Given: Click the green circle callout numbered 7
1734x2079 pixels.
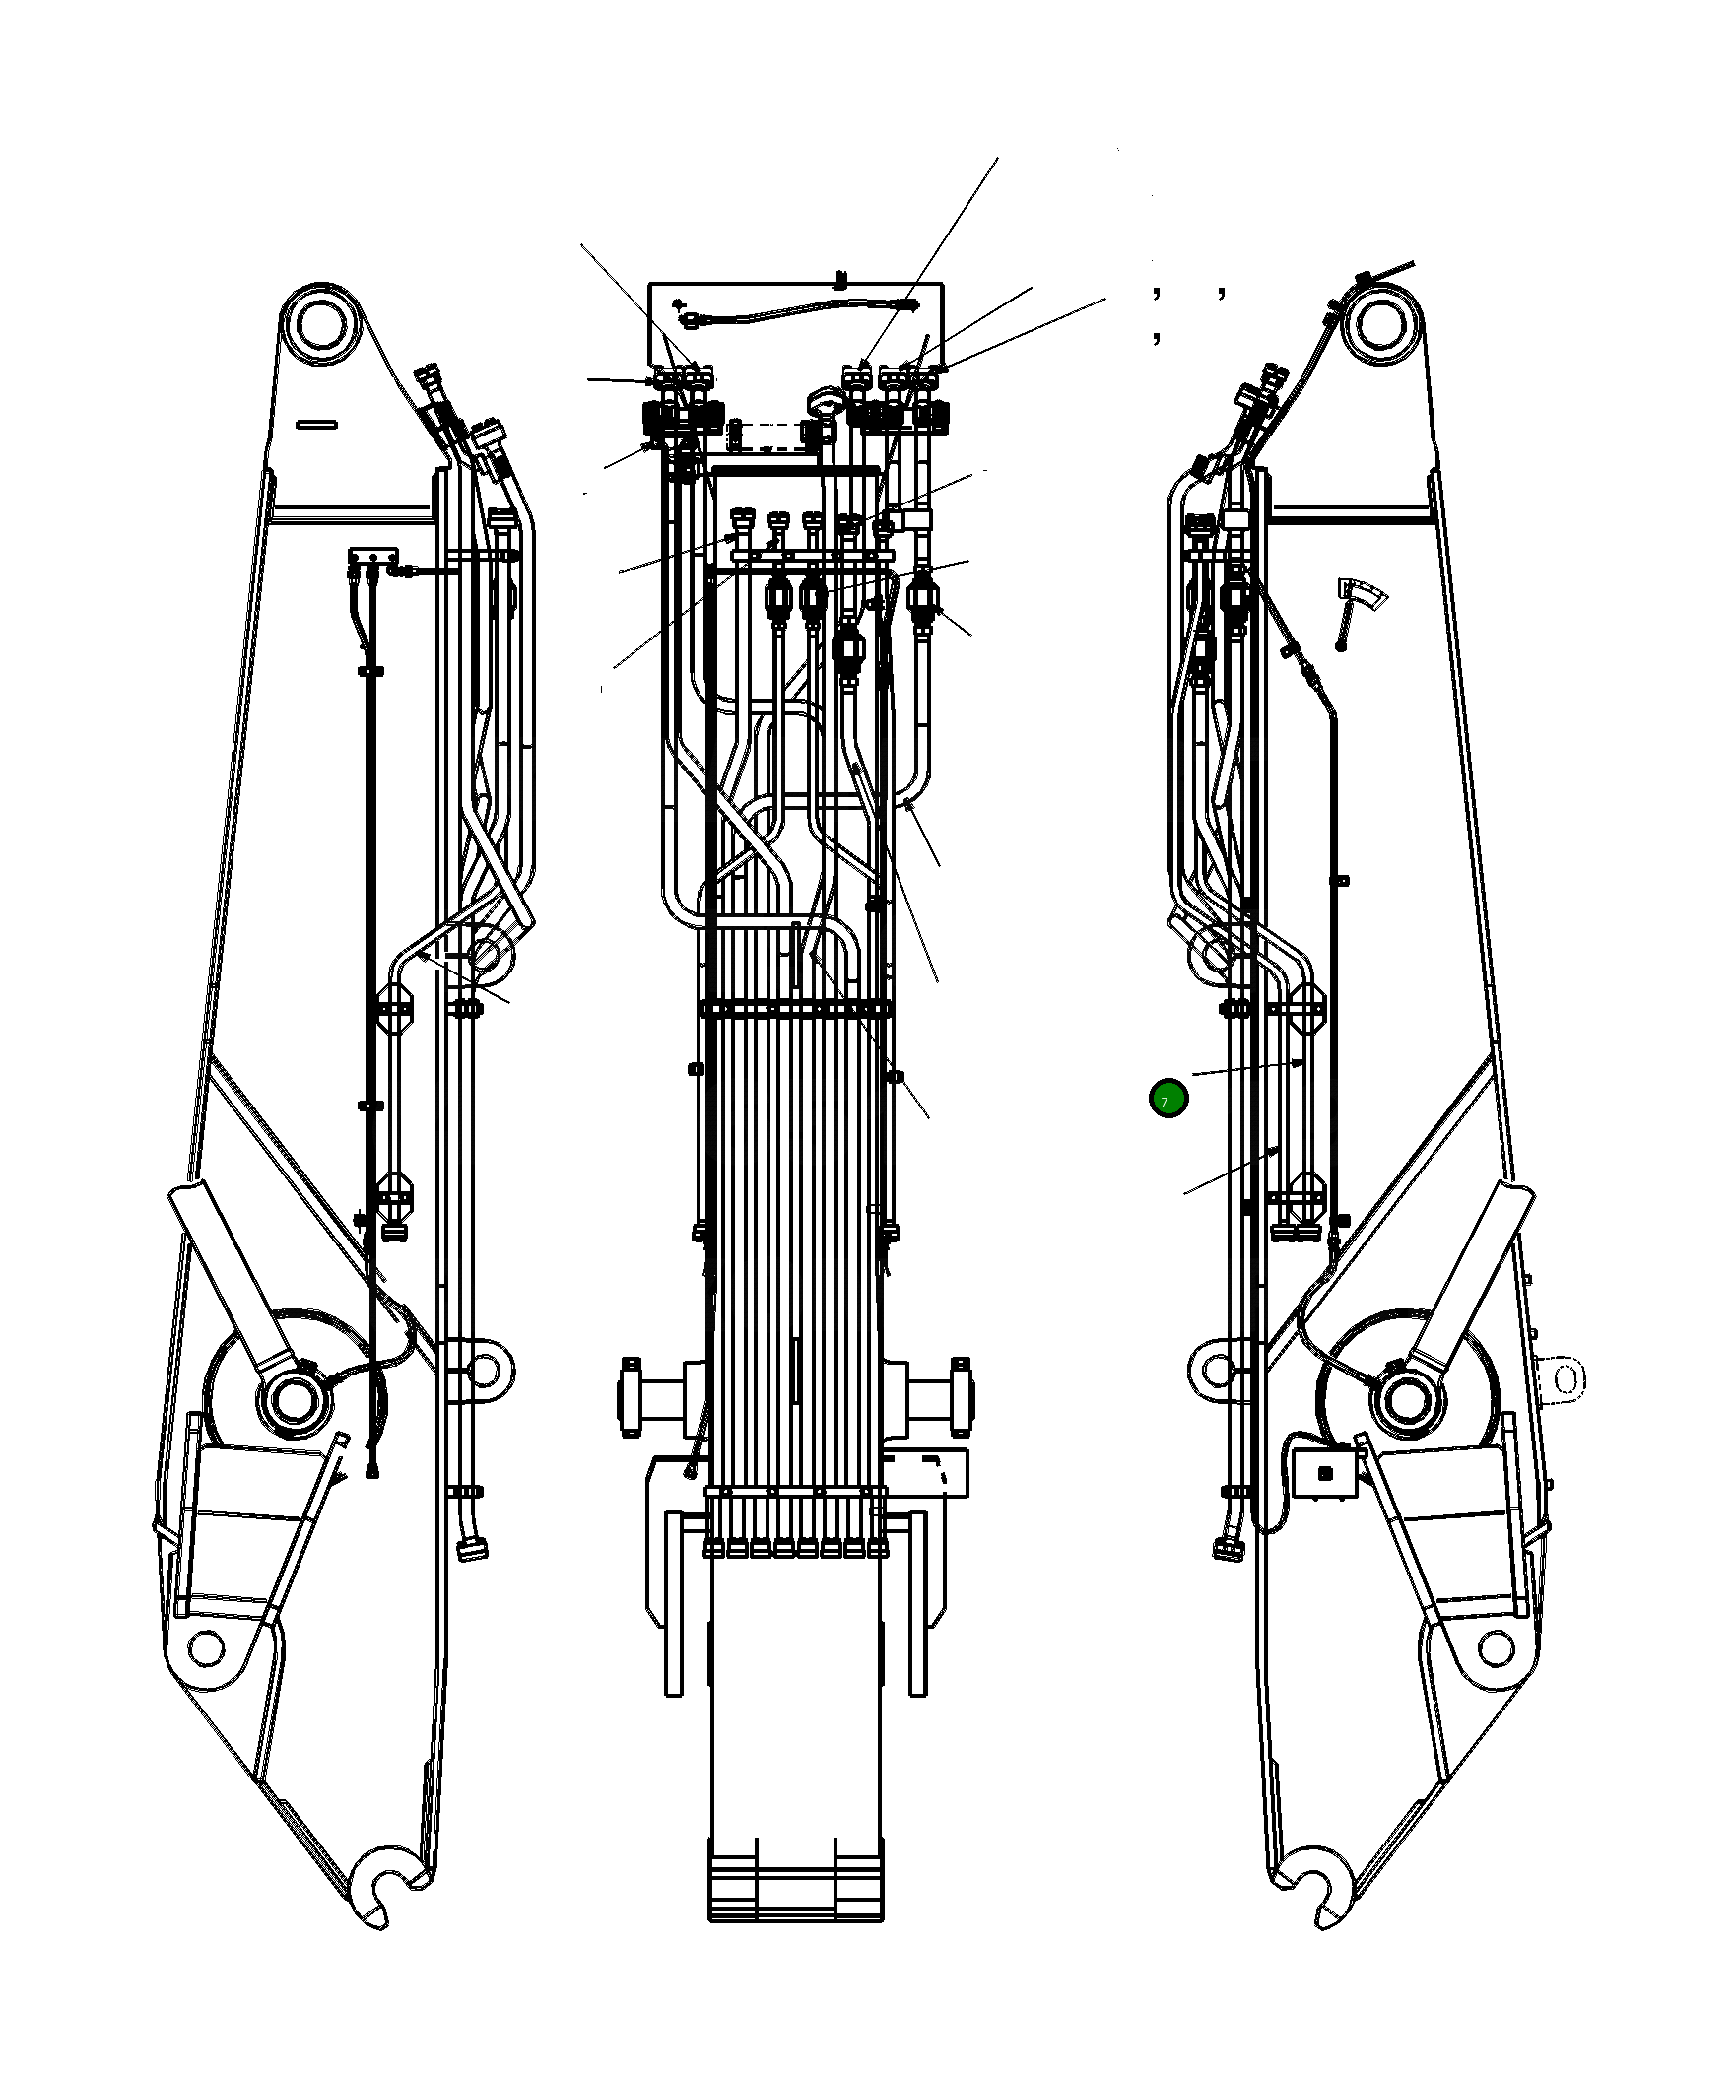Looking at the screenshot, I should click(1167, 1099).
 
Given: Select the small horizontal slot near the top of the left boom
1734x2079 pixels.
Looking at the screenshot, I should click(316, 425).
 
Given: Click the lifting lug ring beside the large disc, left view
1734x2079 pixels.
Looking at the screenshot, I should click(484, 1371).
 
